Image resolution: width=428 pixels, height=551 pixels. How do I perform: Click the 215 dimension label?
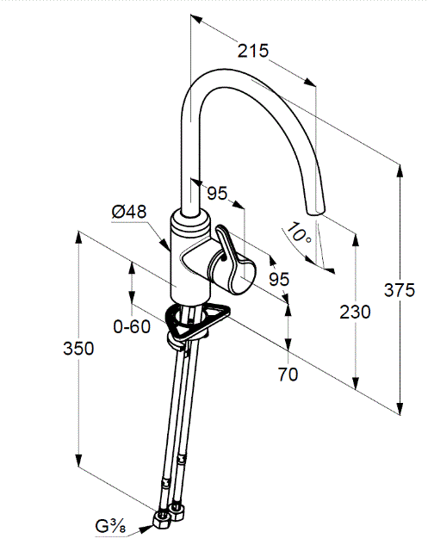click(x=253, y=51)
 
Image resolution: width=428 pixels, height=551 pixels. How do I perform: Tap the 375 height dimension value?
click(x=400, y=290)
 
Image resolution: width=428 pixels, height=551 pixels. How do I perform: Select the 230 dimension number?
click(x=355, y=312)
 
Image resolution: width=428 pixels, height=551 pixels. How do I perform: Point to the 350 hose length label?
click(x=78, y=349)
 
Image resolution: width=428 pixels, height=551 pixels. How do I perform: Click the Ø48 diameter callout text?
click(x=129, y=212)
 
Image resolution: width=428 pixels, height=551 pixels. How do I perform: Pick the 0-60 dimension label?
click(x=132, y=327)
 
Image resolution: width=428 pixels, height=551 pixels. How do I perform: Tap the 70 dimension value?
click(x=288, y=375)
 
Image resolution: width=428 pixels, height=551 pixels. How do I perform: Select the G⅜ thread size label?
click(x=110, y=526)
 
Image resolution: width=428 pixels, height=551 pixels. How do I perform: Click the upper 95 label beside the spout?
click(x=217, y=193)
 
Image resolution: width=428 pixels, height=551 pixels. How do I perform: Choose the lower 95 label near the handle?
click(x=279, y=279)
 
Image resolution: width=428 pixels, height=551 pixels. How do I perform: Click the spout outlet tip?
click(x=314, y=212)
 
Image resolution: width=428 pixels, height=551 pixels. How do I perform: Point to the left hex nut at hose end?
click(x=162, y=518)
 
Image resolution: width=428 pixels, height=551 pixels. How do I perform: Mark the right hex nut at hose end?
click(x=177, y=511)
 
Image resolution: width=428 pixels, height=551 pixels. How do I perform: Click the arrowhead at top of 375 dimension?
click(x=400, y=171)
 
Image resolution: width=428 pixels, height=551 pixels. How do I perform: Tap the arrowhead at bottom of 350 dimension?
click(x=78, y=461)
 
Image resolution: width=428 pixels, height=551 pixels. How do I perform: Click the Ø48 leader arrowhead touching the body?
click(x=165, y=244)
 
